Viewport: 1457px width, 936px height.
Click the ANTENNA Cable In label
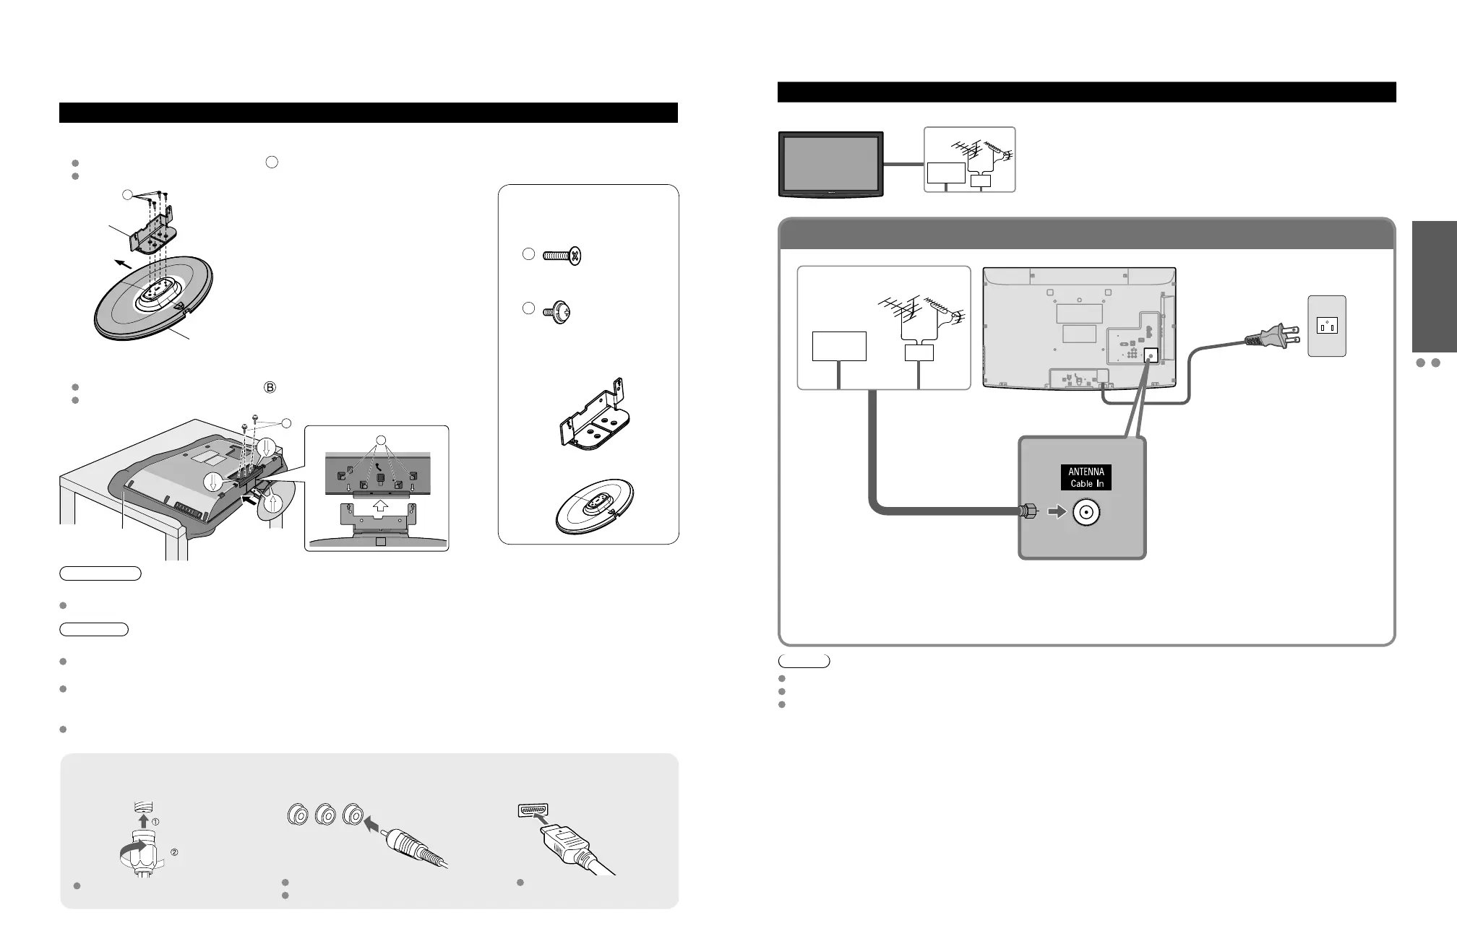(x=1086, y=477)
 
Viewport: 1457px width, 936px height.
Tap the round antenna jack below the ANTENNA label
(x=1086, y=513)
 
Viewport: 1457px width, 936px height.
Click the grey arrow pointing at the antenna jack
(x=1056, y=512)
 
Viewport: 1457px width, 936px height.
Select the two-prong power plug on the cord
(x=1271, y=337)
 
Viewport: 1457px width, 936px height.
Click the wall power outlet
(x=1327, y=326)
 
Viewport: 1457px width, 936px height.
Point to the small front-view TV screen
(x=830, y=163)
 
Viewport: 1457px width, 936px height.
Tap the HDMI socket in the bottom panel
(x=533, y=810)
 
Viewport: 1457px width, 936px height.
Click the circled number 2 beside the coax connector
(x=173, y=852)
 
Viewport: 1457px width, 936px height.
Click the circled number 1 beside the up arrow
(x=155, y=822)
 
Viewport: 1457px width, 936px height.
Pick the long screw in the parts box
(x=562, y=256)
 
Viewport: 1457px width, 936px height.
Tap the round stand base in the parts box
(x=594, y=506)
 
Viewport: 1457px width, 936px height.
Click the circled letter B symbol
(x=270, y=387)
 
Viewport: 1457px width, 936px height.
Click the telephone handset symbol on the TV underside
(x=379, y=468)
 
